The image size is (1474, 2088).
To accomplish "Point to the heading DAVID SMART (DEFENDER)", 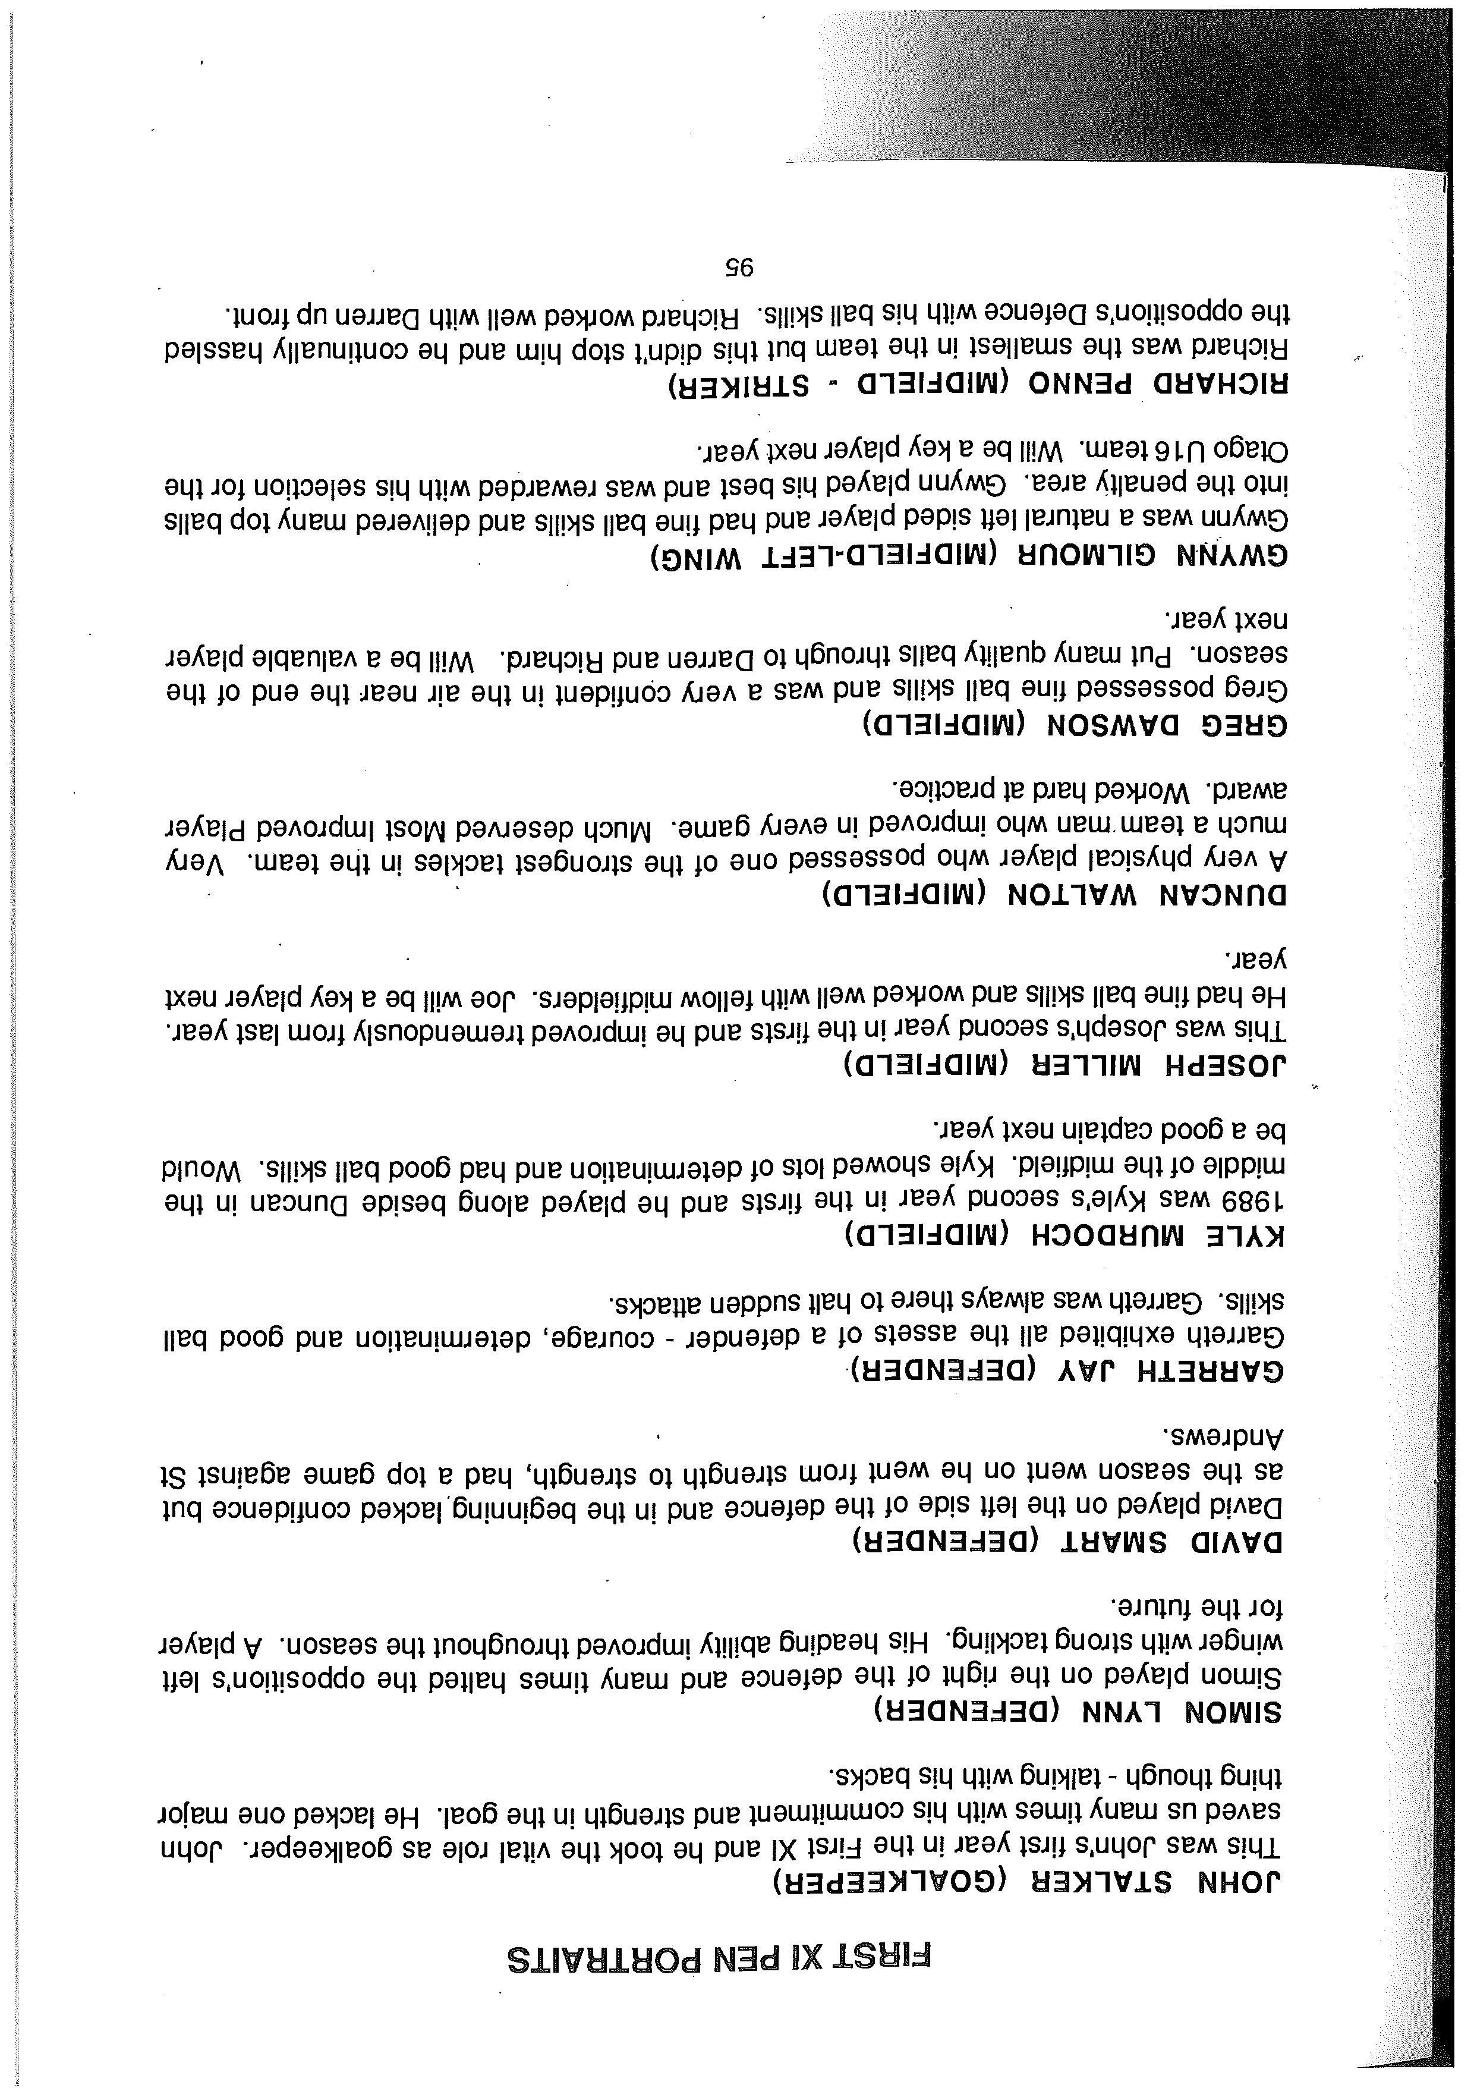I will [1067, 1542].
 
